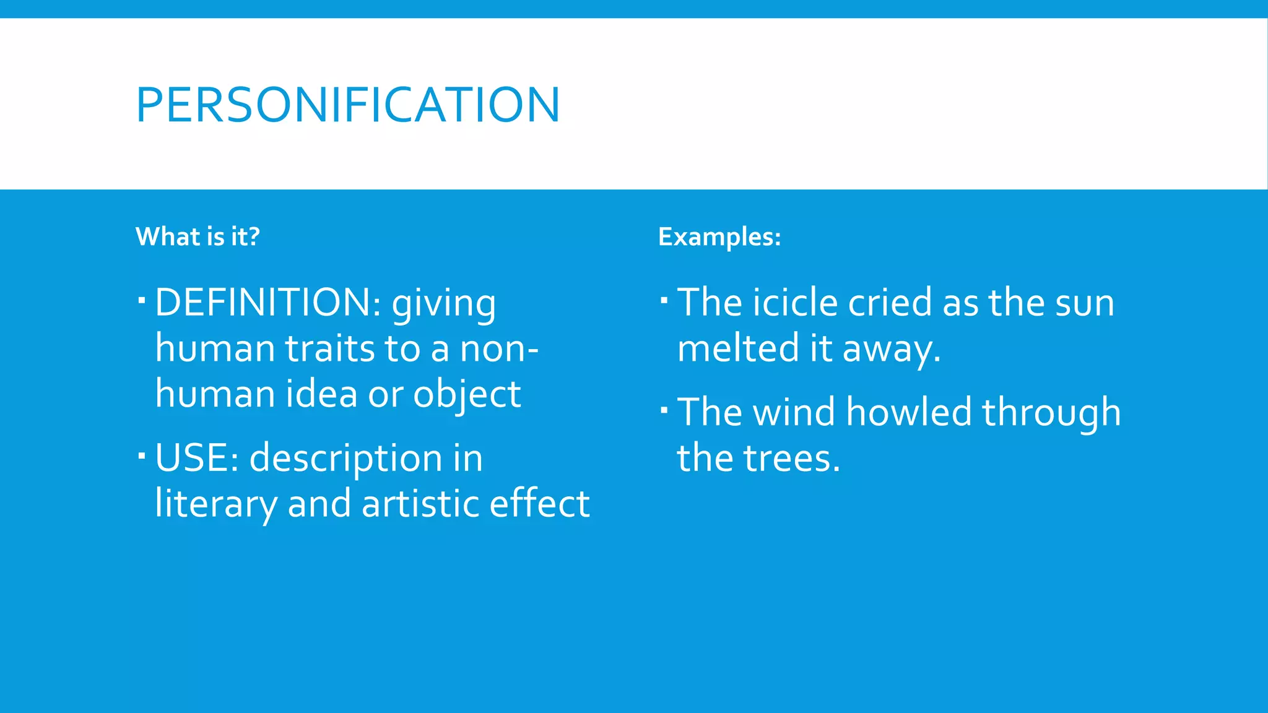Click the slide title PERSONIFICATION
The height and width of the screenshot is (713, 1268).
pos(348,105)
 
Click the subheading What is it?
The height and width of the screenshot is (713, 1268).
pos(198,237)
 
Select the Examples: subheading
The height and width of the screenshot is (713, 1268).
pos(719,237)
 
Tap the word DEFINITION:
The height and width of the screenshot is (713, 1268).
pos(268,303)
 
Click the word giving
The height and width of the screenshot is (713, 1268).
pos(443,305)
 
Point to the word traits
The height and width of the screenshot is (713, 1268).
pos(329,348)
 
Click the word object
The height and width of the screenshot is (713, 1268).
pos(467,395)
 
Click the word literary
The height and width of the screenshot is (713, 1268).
pos(216,504)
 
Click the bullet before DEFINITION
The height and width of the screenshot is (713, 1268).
pos(142,301)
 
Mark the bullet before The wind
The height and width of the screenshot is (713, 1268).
pos(664,410)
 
